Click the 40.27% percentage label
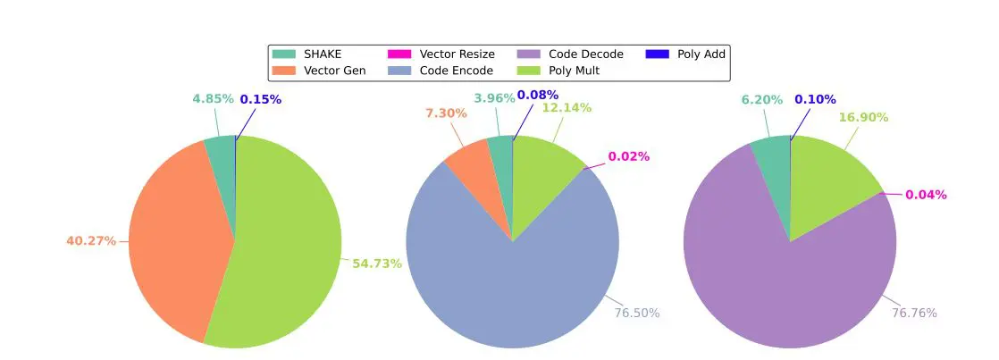coord(90,241)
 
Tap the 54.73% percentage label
coord(376,264)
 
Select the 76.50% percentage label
coord(636,313)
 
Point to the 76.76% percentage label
coord(913,313)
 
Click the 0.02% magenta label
coord(628,156)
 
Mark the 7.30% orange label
coord(445,113)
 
